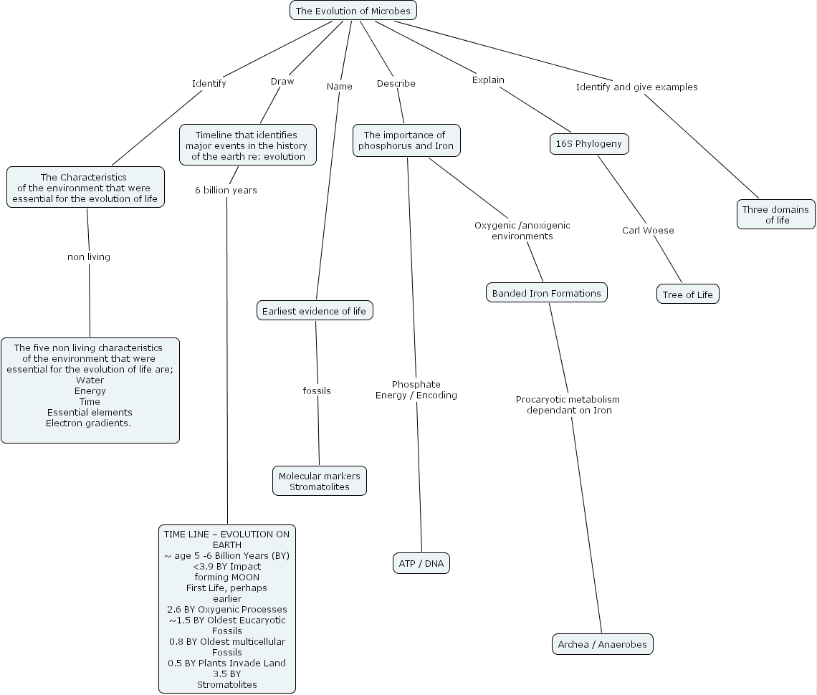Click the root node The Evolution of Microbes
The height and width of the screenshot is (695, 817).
353,11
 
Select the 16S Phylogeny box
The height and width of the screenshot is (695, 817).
588,144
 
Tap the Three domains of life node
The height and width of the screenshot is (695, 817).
775,215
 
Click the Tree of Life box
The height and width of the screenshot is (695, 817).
687,294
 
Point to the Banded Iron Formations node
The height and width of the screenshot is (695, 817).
546,293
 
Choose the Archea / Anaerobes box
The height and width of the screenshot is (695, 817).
602,644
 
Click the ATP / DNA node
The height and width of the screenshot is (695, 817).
421,564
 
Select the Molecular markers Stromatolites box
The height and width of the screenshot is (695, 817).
320,481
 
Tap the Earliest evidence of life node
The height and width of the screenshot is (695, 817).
314,311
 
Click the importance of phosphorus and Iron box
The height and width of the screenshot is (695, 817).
406,140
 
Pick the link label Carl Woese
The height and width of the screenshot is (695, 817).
648,230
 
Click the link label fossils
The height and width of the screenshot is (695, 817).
317,390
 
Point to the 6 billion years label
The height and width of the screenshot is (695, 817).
226,190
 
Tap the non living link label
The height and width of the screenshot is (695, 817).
89,257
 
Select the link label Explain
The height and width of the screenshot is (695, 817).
488,80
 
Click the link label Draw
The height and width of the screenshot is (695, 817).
282,81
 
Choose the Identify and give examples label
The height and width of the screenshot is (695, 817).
636,87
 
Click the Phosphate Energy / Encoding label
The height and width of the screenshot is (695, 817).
416,390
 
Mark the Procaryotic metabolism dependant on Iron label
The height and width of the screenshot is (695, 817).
568,405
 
